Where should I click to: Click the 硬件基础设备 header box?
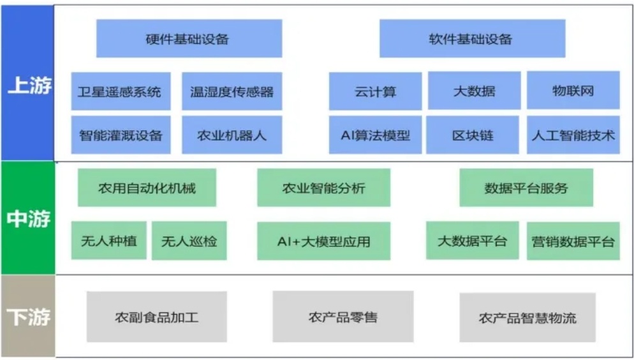[x=189, y=38]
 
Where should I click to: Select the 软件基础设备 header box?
[x=472, y=38]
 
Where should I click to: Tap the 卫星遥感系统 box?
[x=121, y=91]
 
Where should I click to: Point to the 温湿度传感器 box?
[x=232, y=91]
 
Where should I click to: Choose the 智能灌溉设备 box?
[x=121, y=135]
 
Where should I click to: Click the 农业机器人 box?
[x=232, y=135]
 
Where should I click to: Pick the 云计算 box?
[x=375, y=91]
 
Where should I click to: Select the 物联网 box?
[x=573, y=91]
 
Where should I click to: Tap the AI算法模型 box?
[x=375, y=135]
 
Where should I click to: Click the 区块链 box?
[x=472, y=135]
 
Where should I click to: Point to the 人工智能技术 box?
[x=573, y=135]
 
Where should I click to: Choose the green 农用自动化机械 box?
[x=147, y=188]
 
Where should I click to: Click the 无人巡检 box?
[x=189, y=241]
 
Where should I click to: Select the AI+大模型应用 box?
[x=323, y=241]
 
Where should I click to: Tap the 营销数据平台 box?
[x=573, y=241]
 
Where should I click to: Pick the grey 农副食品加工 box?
[x=156, y=317]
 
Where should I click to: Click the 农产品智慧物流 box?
[x=527, y=317]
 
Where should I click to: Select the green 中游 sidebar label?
[x=27, y=218]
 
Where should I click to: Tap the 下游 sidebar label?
[x=27, y=316]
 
